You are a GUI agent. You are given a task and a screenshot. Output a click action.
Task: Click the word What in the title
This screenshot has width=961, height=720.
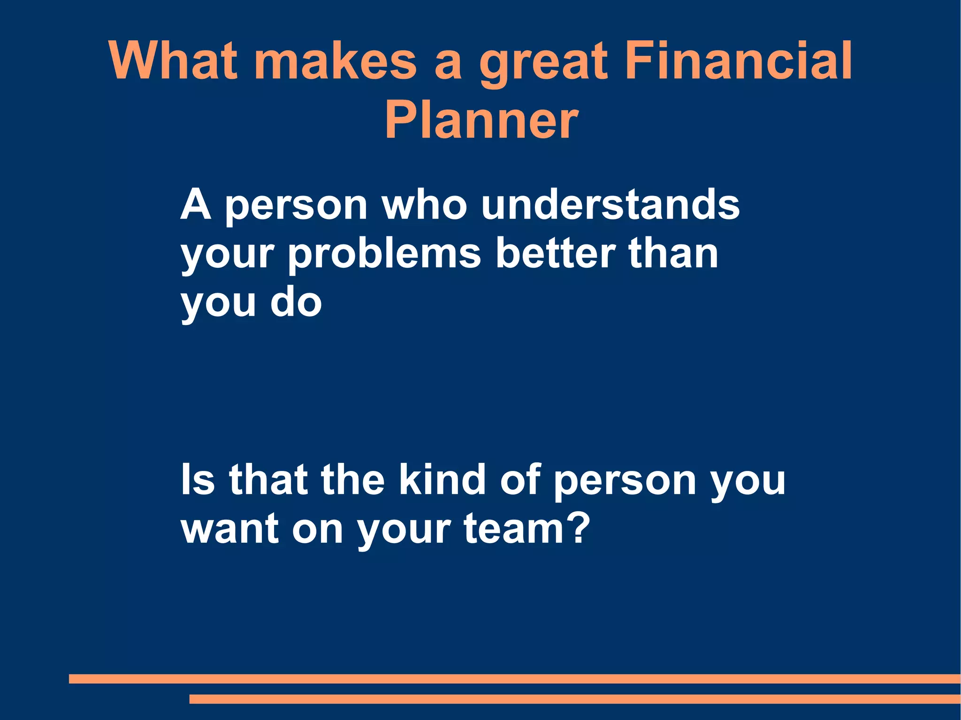coord(173,61)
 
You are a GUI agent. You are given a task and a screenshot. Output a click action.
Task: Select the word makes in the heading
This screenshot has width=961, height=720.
coord(335,61)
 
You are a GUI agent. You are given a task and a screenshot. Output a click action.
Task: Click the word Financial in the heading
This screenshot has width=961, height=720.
coord(739,61)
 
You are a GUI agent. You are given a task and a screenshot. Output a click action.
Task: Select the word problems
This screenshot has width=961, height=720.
coord(384,254)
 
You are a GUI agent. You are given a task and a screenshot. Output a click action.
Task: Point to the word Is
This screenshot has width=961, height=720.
coord(198,479)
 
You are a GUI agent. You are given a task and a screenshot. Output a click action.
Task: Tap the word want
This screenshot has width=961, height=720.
coord(230,529)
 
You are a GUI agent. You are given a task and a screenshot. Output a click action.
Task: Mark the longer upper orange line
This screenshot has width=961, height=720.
coord(514,679)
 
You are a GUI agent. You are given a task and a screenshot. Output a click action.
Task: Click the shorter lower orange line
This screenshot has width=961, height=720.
coord(575,699)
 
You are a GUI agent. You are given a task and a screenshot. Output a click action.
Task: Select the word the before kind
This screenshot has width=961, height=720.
coord(352,479)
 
